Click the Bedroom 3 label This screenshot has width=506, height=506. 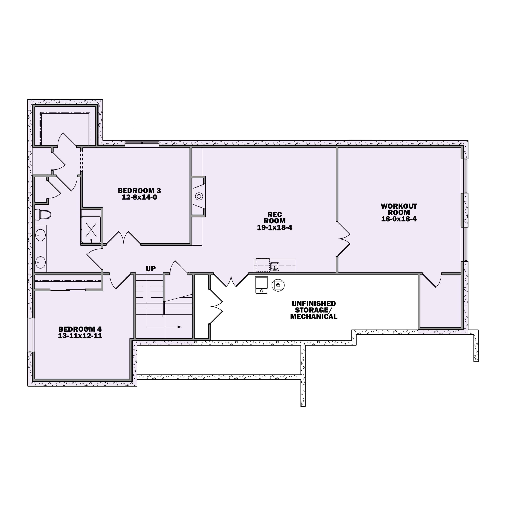[x=139, y=191]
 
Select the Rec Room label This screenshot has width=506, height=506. [x=274, y=218]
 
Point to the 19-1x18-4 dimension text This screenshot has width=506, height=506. [x=274, y=228]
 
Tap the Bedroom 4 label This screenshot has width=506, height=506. [x=80, y=329]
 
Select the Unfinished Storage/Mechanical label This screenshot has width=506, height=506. [x=314, y=310]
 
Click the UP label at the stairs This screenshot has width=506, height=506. [x=151, y=269]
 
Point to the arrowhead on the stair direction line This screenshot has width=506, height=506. [x=180, y=327]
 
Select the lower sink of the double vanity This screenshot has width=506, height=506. [x=40, y=262]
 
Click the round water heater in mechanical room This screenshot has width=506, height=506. [x=278, y=285]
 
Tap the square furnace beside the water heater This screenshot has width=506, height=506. [x=262, y=285]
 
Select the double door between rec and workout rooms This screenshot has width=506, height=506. [x=344, y=239]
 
